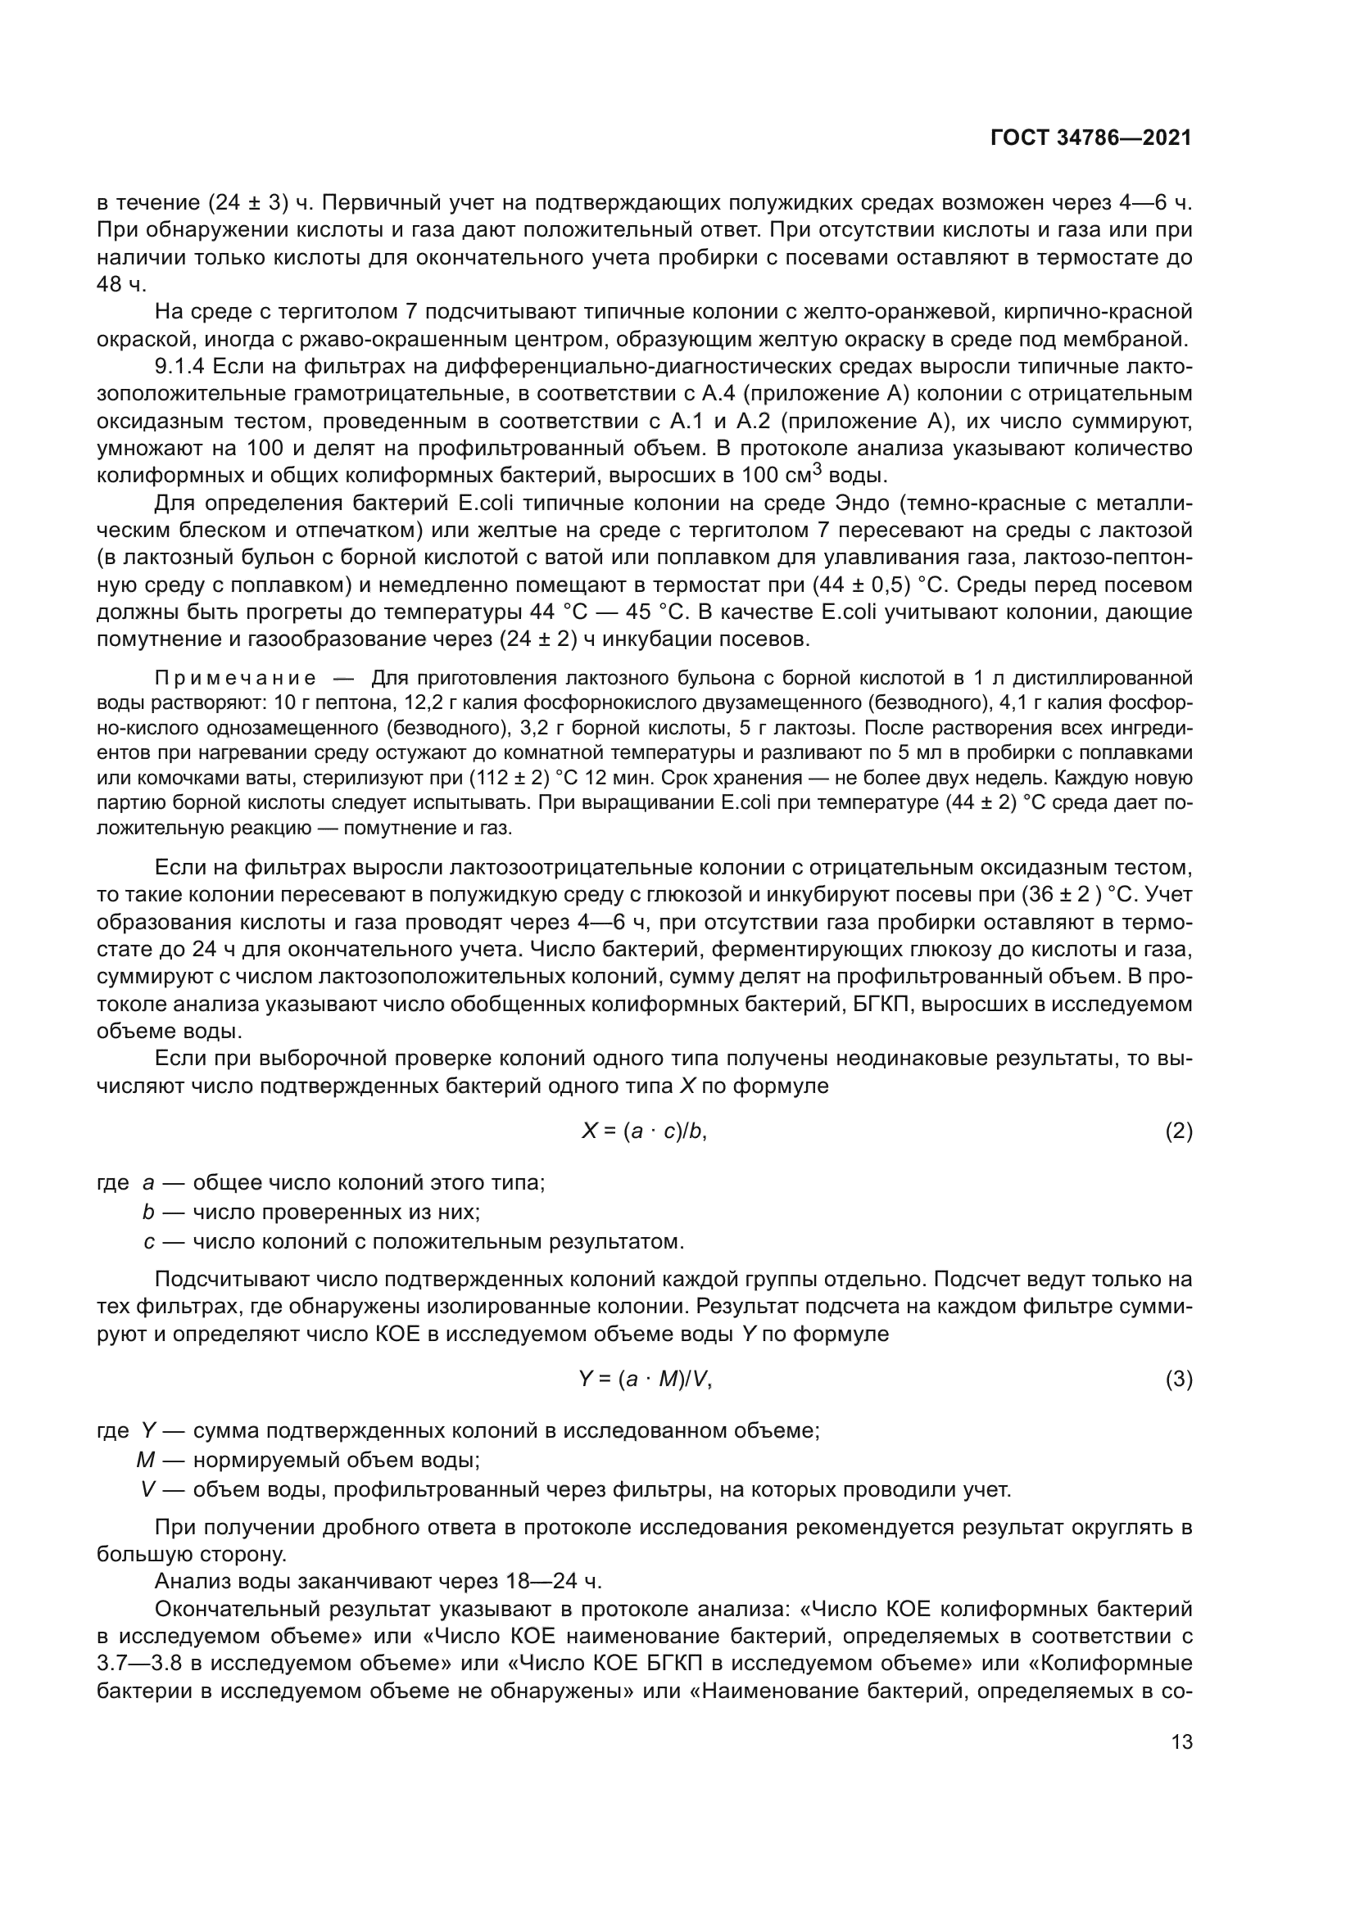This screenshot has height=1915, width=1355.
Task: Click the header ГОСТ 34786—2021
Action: (1090, 138)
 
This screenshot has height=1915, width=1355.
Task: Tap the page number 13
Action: (1181, 1741)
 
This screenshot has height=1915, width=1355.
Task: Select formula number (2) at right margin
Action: (1178, 1131)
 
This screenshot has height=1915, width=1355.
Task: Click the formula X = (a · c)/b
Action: (645, 1131)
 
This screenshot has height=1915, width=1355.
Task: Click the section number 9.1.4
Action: (181, 366)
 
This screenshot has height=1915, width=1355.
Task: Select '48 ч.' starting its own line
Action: (122, 283)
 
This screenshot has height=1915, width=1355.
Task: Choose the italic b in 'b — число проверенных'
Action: (148, 1211)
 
